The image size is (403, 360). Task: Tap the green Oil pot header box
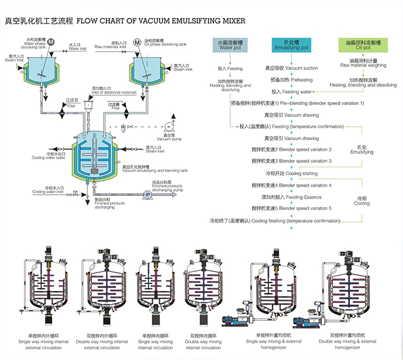tap(362, 45)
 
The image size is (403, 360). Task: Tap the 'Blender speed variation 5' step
tap(291, 208)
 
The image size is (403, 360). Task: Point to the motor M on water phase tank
tap(51, 42)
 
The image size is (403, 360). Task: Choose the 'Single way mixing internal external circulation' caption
tap(43, 343)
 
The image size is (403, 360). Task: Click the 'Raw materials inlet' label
tap(110, 45)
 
